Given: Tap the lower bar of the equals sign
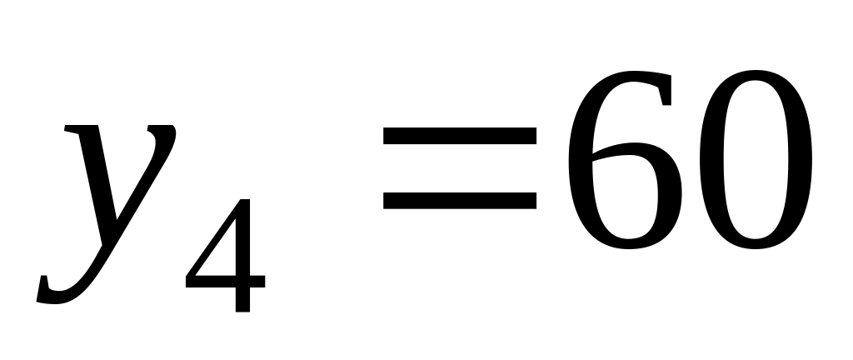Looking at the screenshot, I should click(x=460, y=199).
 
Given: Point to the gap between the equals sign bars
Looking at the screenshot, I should click(x=460, y=168).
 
